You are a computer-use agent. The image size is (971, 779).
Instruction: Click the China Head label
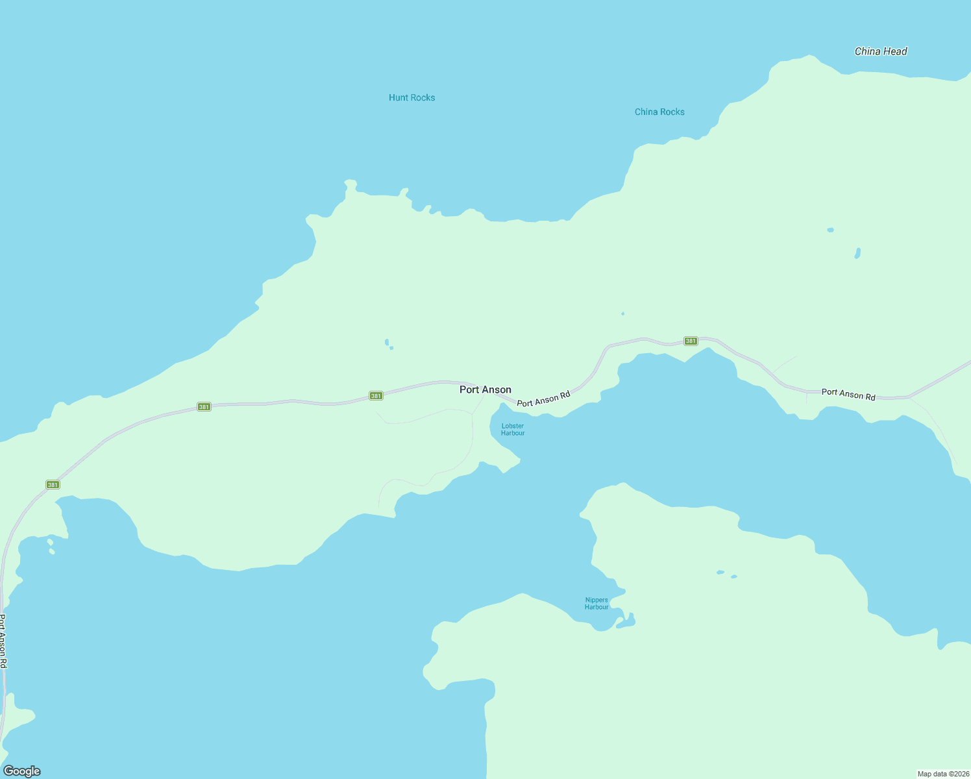tap(881, 51)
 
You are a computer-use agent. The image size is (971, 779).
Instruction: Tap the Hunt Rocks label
tap(412, 97)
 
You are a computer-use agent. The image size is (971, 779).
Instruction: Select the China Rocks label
tap(659, 112)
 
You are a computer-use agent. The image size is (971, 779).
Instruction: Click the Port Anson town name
tap(485, 389)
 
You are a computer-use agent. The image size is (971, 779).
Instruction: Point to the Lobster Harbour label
tap(513, 430)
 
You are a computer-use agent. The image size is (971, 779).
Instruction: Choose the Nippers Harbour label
tap(596, 604)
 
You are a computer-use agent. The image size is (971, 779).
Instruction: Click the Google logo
tap(21, 771)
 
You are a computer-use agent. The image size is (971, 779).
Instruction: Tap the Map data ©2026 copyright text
tap(943, 774)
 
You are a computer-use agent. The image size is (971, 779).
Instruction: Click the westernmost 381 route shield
tap(53, 485)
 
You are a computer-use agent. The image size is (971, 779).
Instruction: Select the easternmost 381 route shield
tap(691, 341)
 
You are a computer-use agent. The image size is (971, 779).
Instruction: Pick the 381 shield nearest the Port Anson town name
tap(376, 395)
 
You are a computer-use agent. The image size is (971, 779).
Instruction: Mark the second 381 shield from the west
tap(204, 407)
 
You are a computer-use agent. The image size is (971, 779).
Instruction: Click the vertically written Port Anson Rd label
tap(3, 641)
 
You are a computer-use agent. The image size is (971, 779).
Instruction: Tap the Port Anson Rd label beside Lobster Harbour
tap(543, 399)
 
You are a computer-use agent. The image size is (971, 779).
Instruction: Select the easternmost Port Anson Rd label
tap(848, 394)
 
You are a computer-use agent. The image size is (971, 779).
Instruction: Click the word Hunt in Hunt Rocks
tap(398, 97)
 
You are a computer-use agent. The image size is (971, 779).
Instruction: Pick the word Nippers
tap(596, 600)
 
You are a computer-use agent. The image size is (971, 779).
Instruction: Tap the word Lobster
tap(513, 426)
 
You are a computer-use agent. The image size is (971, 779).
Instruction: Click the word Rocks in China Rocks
tap(673, 112)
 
